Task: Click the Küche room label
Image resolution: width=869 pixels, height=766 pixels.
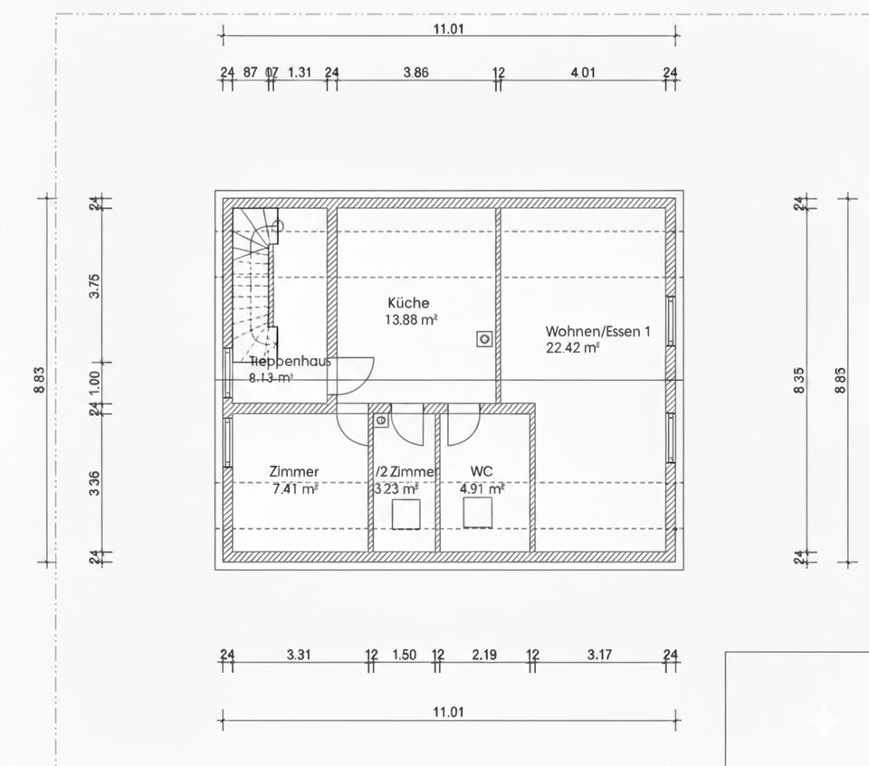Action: (x=408, y=303)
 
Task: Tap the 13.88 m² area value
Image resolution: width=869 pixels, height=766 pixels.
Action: (x=412, y=319)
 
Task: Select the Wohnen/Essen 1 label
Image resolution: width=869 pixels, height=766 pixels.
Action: (x=597, y=331)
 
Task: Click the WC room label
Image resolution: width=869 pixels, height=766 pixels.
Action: (x=482, y=471)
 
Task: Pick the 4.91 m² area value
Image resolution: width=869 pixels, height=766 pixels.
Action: (x=482, y=489)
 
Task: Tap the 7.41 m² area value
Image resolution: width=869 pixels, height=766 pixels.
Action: (x=295, y=489)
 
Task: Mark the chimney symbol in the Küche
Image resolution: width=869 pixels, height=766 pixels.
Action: (x=485, y=339)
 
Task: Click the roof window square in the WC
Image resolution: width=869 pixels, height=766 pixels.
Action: (x=477, y=512)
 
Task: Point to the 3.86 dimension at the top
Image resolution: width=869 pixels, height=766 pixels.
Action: (x=415, y=72)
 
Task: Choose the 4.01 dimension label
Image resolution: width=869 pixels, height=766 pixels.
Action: (x=583, y=72)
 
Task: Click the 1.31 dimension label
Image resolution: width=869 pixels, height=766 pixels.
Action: (x=300, y=72)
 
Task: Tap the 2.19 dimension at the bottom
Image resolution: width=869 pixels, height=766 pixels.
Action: (x=485, y=655)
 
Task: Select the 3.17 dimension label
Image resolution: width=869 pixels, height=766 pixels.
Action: (x=599, y=655)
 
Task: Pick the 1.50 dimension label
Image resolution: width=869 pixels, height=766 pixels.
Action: (x=405, y=655)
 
